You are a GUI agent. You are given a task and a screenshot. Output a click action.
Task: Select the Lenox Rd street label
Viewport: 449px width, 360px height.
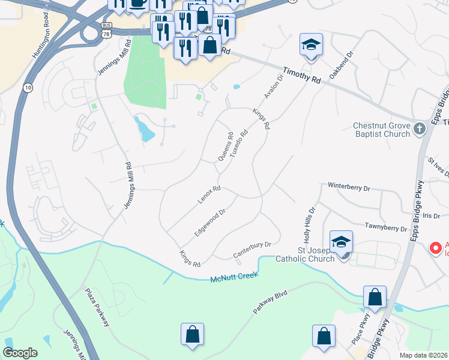pyautogui.click(x=209, y=194)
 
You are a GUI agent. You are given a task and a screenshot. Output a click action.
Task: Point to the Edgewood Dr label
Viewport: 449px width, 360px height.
pyautogui.click(x=209, y=222)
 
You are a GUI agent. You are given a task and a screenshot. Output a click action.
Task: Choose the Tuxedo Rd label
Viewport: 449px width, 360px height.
pyautogui.click(x=240, y=142)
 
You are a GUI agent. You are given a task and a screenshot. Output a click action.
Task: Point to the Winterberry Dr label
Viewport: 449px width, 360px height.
pyautogui.click(x=349, y=187)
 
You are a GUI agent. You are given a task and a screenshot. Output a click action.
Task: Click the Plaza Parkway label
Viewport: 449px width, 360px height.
pyautogui.click(x=97, y=306)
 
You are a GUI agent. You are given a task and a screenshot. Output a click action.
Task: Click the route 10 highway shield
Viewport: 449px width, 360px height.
pyautogui.click(x=28, y=88)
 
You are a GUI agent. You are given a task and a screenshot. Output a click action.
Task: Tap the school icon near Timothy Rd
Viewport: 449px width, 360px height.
pyautogui.click(x=310, y=45)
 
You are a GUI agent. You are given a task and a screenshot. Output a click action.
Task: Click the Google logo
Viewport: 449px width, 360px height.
pyautogui.click(x=20, y=353)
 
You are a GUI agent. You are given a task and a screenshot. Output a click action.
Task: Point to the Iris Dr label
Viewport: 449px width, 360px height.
pyautogui.click(x=428, y=215)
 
